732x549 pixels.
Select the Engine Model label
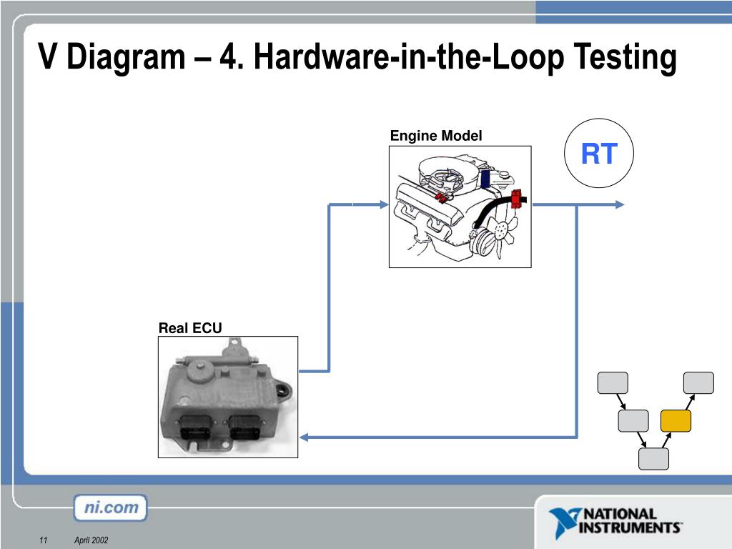[436, 136]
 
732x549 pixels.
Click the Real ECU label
[190, 328]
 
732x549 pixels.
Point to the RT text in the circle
[599, 154]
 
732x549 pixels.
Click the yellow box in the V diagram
[676, 420]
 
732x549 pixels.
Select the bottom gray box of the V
[653, 458]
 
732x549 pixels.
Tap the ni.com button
[111, 508]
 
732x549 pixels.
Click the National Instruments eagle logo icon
[565, 521]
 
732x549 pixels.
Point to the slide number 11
[44, 540]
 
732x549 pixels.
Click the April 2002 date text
[91, 540]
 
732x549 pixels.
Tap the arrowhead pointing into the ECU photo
[304, 437]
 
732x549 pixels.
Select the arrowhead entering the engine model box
[384, 204]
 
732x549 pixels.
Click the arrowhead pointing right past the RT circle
[620, 204]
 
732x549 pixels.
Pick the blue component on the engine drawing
[485, 178]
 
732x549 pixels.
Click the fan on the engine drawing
[503, 232]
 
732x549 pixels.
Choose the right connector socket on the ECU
[244, 427]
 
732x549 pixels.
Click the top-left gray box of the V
[613, 383]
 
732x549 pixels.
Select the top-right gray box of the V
[698, 383]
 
